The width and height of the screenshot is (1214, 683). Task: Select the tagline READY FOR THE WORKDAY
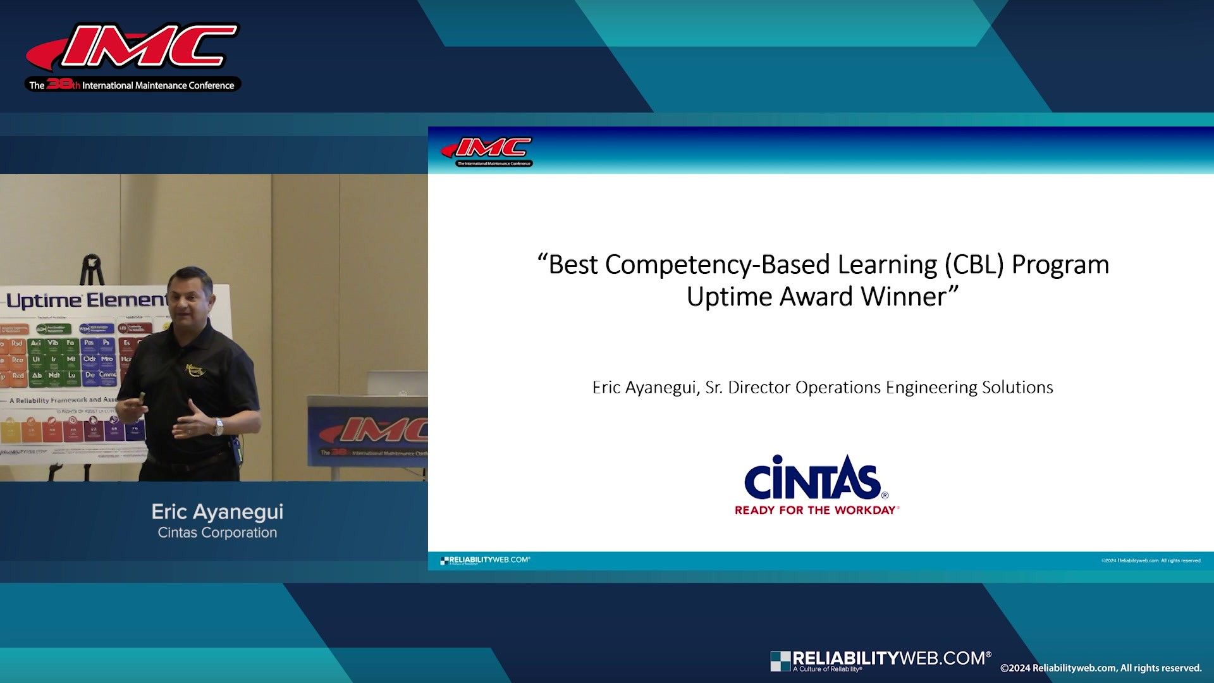[x=816, y=510]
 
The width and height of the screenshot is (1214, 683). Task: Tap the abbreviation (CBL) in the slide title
[x=974, y=264]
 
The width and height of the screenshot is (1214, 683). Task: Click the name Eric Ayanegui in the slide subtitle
[x=645, y=387]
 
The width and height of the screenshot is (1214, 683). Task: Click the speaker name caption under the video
[x=217, y=512]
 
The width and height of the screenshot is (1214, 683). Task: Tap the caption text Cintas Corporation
[x=217, y=532]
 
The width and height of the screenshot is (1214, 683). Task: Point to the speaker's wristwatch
[x=218, y=428]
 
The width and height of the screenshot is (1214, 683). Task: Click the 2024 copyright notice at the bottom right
[x=1100, y=668]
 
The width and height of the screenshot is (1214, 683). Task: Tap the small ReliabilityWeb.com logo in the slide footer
[x=486, y=560]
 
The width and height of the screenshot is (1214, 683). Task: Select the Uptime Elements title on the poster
[x=85, y=300]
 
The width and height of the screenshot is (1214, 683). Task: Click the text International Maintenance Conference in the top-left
[x=158, y=85]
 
